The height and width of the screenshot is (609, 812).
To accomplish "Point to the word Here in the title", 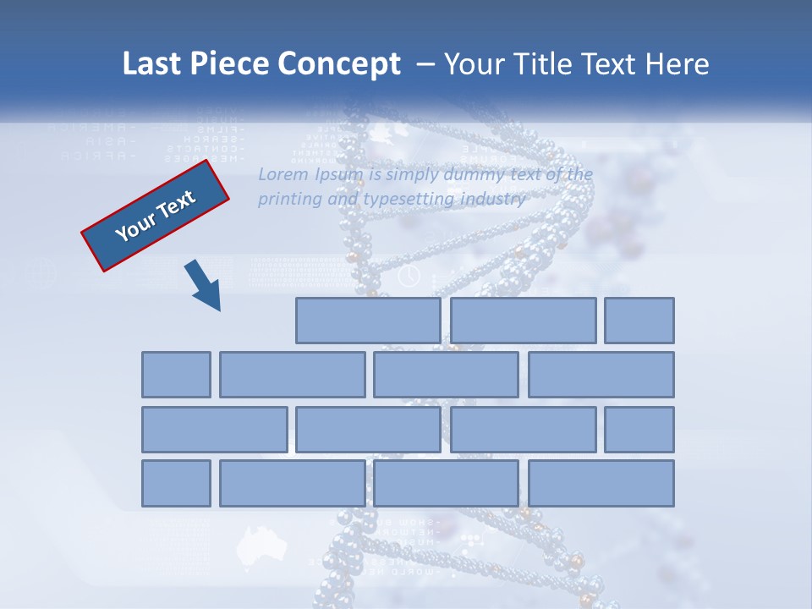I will (x=677, y=64).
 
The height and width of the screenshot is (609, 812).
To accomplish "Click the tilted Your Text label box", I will (x=156, y=216).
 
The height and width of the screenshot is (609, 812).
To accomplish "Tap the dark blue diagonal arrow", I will (x=203, y=286).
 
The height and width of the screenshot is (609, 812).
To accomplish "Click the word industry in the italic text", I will (x=494, y=200).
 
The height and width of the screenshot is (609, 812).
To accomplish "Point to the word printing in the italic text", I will (x=286, y=200).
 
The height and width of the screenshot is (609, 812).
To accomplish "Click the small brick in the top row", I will (x=639, y=321).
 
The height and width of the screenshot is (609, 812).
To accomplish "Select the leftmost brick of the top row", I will (x=368, y=321).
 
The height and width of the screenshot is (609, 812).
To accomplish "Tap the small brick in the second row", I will (x=176, y=375).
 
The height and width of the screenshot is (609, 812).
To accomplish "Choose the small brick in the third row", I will (x=639, y=430).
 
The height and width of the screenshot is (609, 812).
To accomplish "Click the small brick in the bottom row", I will (x=176, y=484).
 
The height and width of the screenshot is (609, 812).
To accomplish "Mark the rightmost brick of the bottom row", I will (x=601, y=484).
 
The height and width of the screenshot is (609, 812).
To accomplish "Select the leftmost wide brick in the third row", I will (x=214, y=430).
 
